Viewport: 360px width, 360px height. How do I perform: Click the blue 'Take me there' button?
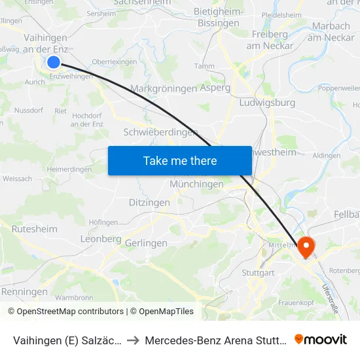180,161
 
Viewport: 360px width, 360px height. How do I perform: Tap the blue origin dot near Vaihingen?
54,62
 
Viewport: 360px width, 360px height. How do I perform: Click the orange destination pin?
306,247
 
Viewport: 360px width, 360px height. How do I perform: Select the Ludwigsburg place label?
268,103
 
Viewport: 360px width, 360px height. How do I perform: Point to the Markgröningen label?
164,88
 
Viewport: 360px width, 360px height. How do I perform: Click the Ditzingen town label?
149,203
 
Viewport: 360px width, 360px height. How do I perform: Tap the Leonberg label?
101,239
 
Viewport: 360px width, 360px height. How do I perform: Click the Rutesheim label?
35,229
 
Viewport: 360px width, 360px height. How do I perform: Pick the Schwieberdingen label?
160,132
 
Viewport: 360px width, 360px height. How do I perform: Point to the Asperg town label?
215,88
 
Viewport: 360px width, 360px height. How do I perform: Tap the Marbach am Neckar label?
331,31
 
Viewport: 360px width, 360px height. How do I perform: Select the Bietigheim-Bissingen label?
219,18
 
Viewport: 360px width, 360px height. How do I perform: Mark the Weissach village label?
17,178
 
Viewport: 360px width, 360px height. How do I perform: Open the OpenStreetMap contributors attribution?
66,312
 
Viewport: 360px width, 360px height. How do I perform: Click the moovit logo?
321,339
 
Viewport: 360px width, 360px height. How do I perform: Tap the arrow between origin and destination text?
133,340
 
